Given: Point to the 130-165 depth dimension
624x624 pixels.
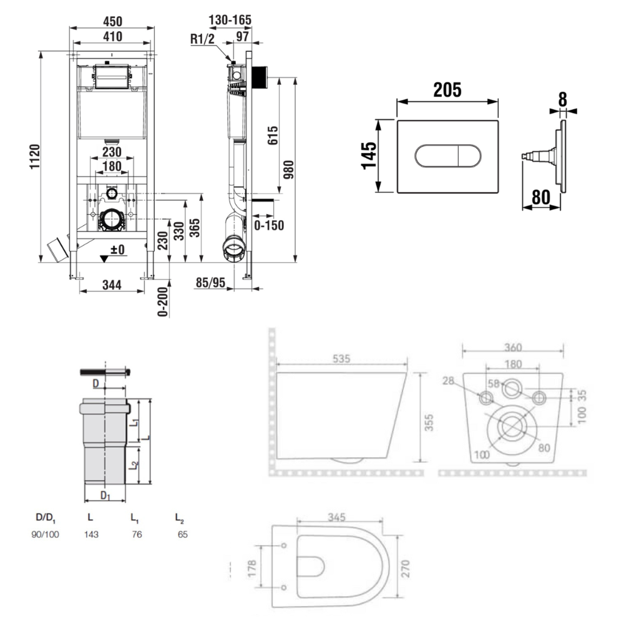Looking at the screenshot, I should click(x=230, y=19).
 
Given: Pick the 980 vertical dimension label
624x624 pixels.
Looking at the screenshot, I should click(x=289, y=170).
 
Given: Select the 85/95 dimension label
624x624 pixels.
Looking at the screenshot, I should click(x=210, y=283).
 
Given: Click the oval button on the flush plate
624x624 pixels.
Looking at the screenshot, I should click(x=447, y=155).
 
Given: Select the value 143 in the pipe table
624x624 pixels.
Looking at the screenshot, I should click(x=92, y=534).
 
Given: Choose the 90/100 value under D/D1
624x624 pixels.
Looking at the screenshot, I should click(x=45, y=534).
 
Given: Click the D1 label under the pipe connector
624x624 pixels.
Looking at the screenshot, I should click(x=105, y=496).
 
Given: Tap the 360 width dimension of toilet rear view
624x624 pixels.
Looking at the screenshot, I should click(x=512, y=346).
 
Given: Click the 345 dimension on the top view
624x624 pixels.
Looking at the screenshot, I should click(x=336, y=518).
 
